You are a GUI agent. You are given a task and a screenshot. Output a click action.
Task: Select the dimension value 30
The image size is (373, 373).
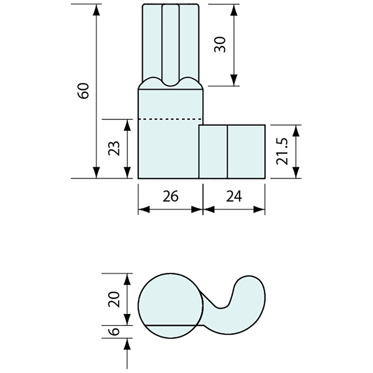[x=220, y=45]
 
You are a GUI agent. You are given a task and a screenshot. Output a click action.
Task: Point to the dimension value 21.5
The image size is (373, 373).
[x=282, y=151]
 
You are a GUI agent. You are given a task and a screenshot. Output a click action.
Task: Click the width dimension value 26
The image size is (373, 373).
[x=170, y=196]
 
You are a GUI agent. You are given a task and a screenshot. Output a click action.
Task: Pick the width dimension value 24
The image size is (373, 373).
[x=234, y=196]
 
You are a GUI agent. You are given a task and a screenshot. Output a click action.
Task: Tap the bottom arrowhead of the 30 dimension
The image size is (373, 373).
[x=233, y=80]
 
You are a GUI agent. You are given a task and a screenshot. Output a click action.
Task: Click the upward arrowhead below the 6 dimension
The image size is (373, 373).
[x=127, y=344]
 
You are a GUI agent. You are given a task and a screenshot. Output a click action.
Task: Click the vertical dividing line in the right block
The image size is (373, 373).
[x=227, y=151]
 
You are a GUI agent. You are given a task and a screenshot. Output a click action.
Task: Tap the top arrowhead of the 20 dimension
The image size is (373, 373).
[x=127, y=279]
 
